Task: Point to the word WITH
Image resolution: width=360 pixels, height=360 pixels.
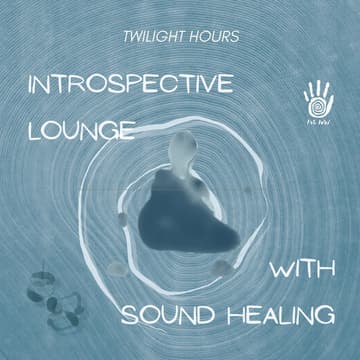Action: pyautogui.click(x=301, y=272)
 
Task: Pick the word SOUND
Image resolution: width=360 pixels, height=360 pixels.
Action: pyautogui.click(x=164, y=317)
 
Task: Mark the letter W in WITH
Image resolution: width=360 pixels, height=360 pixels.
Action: pyautogui.click(x=277, y=272)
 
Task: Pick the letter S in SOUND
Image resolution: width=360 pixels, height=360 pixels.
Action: pyautogui.click(x=128, y=317)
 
